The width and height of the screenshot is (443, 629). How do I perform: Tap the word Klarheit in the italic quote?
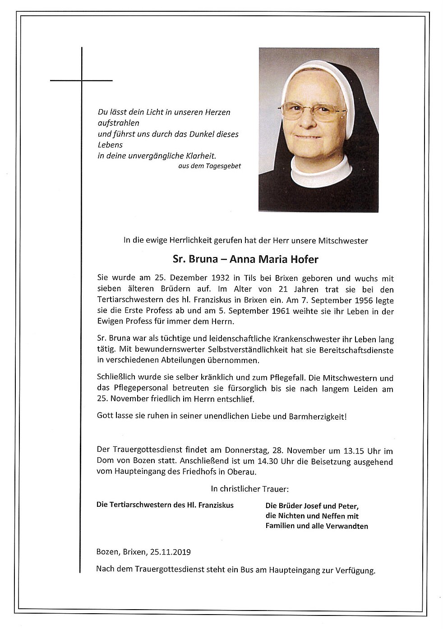click(x=201, y=156)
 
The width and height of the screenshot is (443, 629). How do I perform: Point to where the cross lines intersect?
click(x=82, y=81)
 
